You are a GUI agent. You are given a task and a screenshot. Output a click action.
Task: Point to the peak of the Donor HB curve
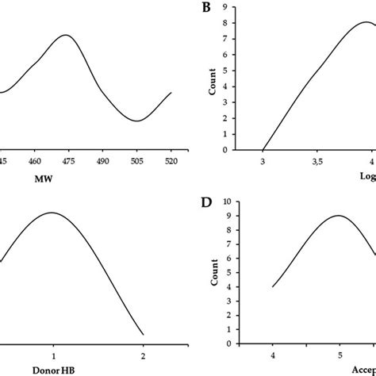53,213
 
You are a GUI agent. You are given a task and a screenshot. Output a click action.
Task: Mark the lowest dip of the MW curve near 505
137,121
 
